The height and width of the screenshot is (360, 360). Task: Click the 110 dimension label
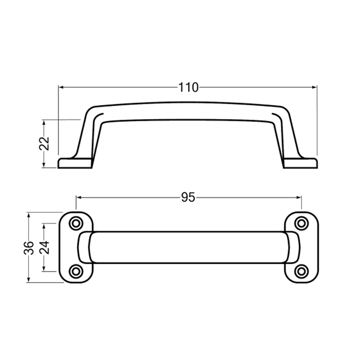188,87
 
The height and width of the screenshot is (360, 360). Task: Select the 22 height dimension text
44,144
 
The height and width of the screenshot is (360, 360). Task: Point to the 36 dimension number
29,247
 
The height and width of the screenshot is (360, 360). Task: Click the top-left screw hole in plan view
76,223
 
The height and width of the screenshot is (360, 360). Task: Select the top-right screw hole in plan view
301,223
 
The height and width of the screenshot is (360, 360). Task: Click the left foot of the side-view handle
74,162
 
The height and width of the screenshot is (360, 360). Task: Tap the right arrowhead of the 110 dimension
315,87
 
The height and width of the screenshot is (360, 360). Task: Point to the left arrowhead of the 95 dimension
79,198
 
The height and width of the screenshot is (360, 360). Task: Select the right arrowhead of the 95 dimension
298,198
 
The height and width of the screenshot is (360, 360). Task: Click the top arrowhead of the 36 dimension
29,214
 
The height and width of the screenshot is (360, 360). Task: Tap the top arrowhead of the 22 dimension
44,122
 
